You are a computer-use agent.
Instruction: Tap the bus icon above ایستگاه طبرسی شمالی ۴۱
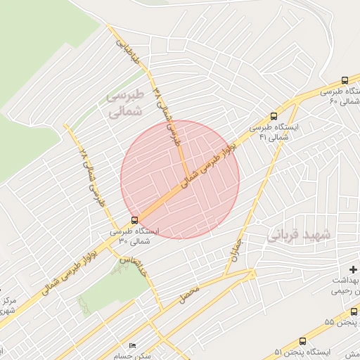pos(274,117)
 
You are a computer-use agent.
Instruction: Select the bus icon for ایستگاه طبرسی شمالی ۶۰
pos(345,80)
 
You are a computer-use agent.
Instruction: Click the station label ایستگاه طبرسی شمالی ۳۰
pos(134,236)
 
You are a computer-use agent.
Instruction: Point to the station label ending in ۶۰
pos(341,96)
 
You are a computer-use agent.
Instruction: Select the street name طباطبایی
pos(129,53)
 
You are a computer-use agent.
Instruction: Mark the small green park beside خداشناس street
pos(105,288)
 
